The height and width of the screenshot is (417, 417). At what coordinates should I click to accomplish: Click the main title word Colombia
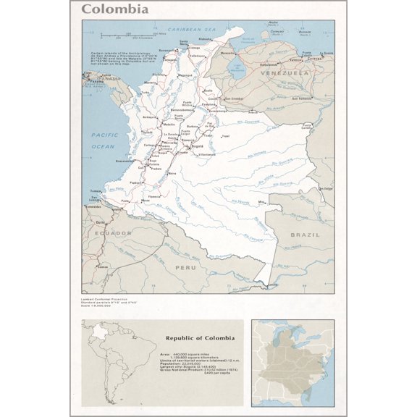click(x=115, y=9)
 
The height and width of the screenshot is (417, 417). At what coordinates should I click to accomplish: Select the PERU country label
click(x=185, y=268)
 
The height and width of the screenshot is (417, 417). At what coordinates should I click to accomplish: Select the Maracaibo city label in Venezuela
click(x=228, y=53)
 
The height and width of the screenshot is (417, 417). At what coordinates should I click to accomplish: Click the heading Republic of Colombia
click(x=200, y=338)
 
